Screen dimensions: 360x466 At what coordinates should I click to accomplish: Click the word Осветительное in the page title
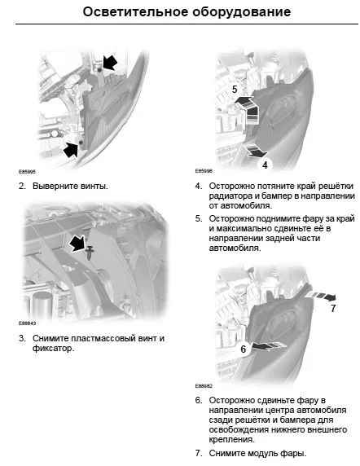point(135,12)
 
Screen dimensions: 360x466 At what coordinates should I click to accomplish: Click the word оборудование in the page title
point(241,13)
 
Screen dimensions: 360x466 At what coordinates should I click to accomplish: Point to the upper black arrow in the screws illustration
point(110,63)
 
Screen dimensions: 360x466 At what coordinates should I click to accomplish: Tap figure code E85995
point(27,172)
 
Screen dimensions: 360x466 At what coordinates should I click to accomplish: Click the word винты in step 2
point(94,187)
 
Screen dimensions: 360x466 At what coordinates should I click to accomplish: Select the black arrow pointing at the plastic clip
point(77,244)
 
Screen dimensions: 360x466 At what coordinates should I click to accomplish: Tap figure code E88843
point(28,323)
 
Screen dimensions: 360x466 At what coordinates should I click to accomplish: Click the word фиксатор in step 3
point(53,349)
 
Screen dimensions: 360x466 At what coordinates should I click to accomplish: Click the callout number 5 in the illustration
point(235,89)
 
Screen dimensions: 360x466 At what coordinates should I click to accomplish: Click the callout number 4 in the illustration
point(265,165)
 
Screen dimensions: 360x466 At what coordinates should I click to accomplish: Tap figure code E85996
point(204,171)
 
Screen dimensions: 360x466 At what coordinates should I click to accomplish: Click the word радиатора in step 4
point(231,196)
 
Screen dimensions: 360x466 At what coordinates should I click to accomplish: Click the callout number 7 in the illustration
point(333,309)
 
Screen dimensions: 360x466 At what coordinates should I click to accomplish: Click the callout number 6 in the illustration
point(244,349)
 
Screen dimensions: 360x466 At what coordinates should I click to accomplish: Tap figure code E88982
point(204,386)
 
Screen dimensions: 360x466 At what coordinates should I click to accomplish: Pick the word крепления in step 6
point(231,440)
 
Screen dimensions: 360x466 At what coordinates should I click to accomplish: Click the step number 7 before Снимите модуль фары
point(199,453)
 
